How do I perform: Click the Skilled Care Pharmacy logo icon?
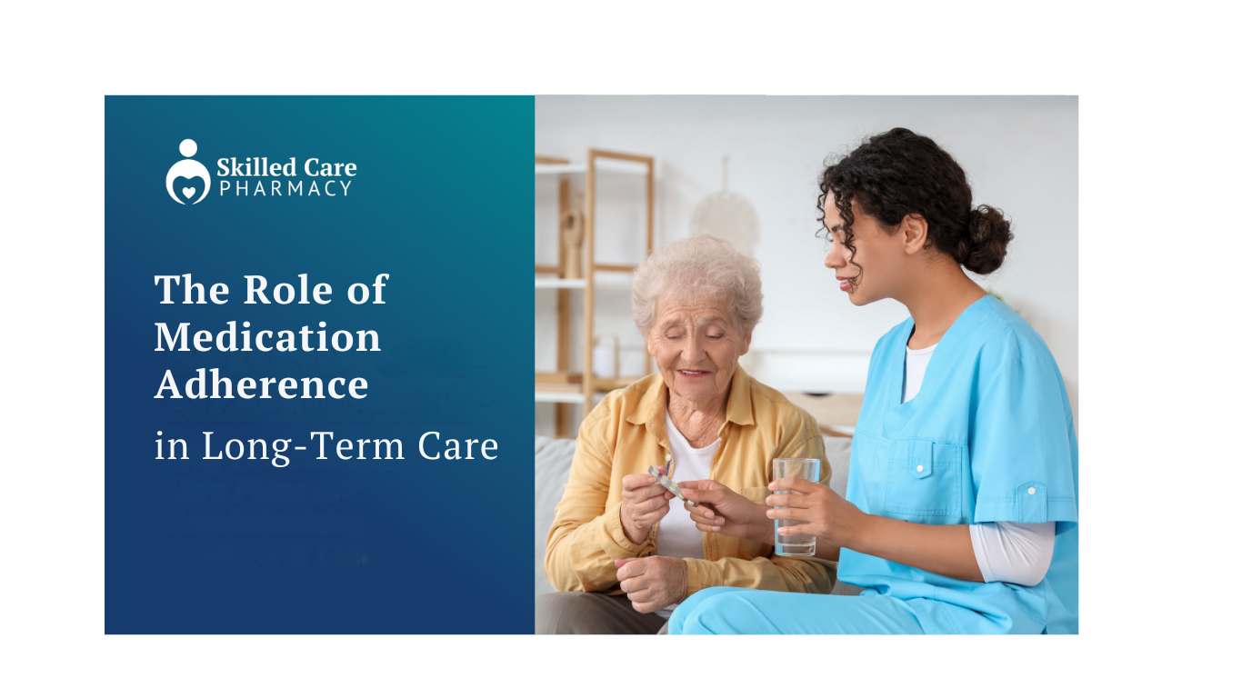pyautogui.click(x=188, y=172)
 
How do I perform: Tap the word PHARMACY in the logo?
pyautogui.click(x=285, y=188)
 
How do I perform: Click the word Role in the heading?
pyautogui.click(x=287, y=289)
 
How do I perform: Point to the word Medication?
pyautogui.click(x=267, y=337)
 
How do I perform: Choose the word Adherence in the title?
pyautogui.click(x=261, y=384)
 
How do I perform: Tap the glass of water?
pyautogui.click(x=796, y=507)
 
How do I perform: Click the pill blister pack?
pyautogui.click(x=672, y=485)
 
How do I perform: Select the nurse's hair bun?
pyautogui.click(x=990, y=239)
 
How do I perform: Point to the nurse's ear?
pyautogui.click(x=915, y=234)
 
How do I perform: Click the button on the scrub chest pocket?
pyautogui.click(x=920, y=469)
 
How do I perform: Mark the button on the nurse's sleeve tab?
pyautogui.click(x=1031, y=491)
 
